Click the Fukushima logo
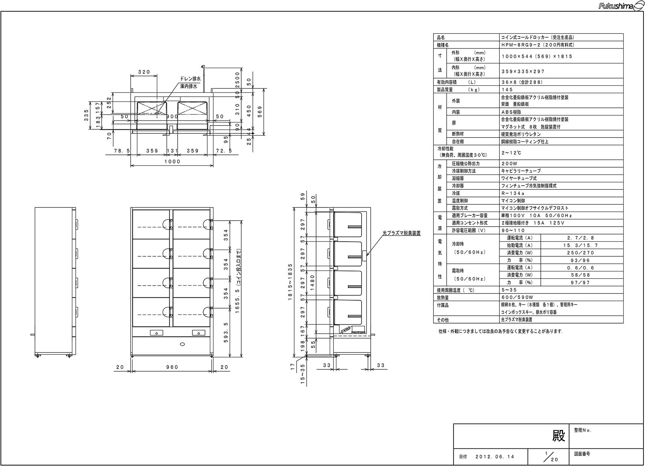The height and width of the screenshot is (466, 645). pyautogui.click(x=621, y=6)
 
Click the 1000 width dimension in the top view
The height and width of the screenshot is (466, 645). pyautogui.click(x=172, y=162)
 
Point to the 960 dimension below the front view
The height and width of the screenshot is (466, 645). pyautogui.click(x=172, y=367)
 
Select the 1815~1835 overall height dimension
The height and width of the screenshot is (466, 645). pyautogui.click(x=290, y=282)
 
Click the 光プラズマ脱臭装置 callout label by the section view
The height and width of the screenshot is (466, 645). pyautogui.click(x=402, y=233)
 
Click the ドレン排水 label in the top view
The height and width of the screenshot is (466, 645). pyautogui.click(x=190, y=79)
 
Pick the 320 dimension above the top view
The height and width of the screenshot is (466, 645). pyautogui.click(x=144, y=72)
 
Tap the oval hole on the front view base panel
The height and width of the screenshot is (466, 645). pyautogui.click(x=182, y=344)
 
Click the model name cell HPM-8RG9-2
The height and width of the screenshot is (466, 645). pyautogui.click(x=538, y=45)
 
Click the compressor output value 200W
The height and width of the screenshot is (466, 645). pyautogui.click(x=510, y=163)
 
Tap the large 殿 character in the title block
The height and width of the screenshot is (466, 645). pyautogui.click(x=558, y=436)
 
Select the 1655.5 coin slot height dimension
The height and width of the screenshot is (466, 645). pyautogui.click(x=238, y=281)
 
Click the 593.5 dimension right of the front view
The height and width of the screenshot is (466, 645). pyautogui.click(x=226, y=333)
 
